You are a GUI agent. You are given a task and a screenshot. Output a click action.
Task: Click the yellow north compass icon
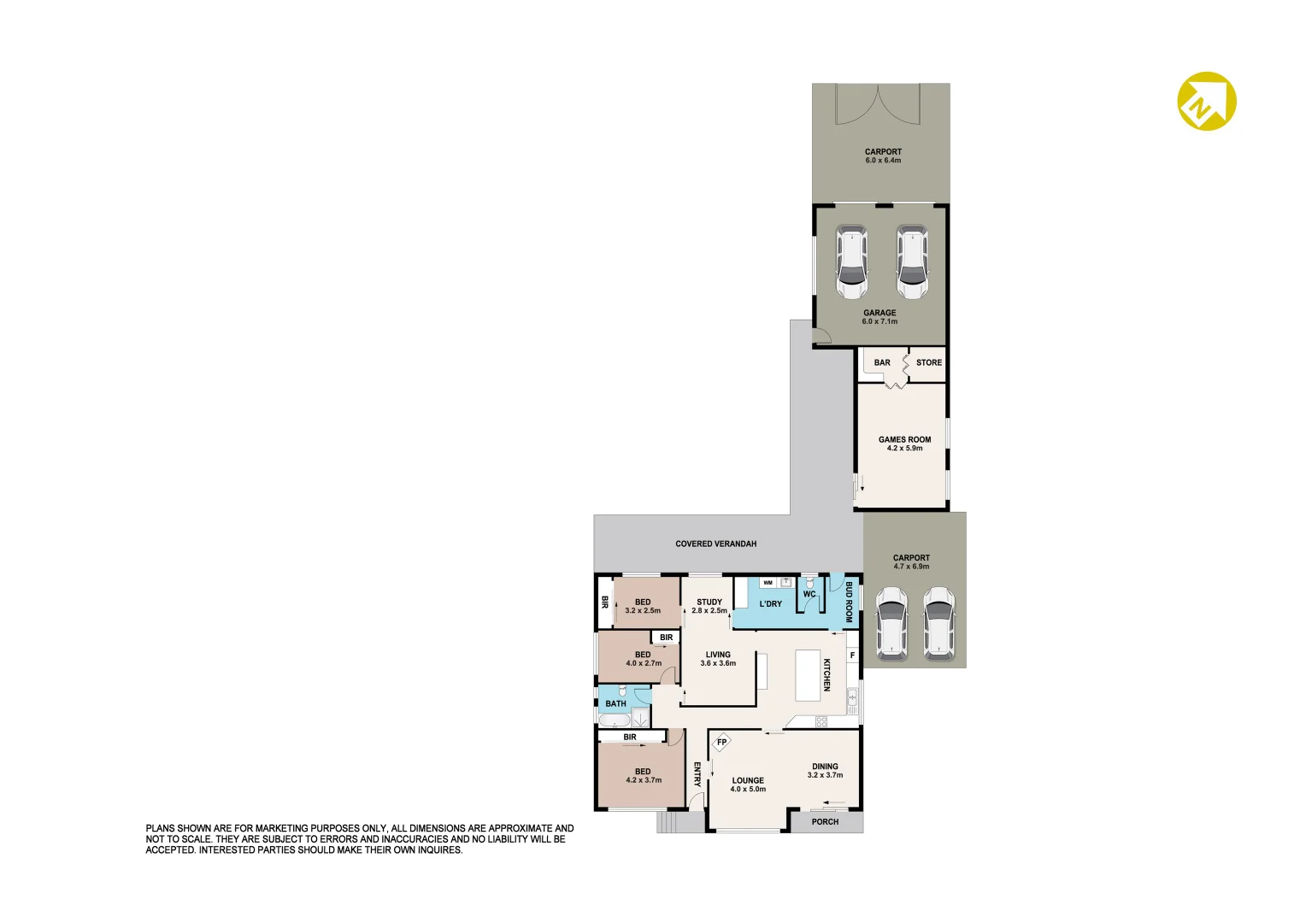(x=1207, y=101)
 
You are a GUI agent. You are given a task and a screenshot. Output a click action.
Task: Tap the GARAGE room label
(x=879, y=313)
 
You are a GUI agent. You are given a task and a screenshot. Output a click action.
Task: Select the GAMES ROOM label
(x=904, y=439)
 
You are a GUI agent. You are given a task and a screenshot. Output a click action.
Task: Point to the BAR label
(x=882, y=362)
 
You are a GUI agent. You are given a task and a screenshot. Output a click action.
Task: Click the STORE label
(x=929, y=362)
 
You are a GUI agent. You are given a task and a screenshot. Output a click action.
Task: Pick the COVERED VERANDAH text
(x=715, y=544)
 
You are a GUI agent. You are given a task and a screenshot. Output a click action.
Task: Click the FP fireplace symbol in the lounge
(x=721, y=742)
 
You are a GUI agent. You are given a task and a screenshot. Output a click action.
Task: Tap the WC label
(x=809, y=594)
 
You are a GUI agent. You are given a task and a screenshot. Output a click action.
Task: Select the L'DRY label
(x=770, y=603)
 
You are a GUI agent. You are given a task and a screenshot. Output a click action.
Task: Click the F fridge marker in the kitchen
(x=852, y=656)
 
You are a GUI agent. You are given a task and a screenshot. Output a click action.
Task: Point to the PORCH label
(x=825, y=822)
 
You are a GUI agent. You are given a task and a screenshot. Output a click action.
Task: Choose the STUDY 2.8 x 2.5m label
(x=709, y=606)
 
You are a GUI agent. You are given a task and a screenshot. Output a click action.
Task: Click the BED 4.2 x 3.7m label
(x=644, y=775)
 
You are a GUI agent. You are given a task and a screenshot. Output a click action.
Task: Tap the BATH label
(x=615, y=703)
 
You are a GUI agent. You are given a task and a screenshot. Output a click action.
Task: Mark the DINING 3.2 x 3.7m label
(x=825, y=771)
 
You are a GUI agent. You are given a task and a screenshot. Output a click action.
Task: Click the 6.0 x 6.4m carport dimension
(x=883, y=161)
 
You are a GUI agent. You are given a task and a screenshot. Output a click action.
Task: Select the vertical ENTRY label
(x=697, y=774)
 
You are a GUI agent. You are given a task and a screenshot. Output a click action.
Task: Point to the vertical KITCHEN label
(x=827, y=674)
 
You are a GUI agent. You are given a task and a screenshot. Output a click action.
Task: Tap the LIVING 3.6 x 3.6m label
(x=718, y=659)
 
